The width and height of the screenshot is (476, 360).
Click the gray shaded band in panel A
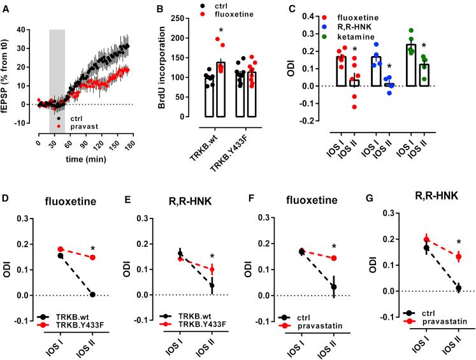point(57,70)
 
